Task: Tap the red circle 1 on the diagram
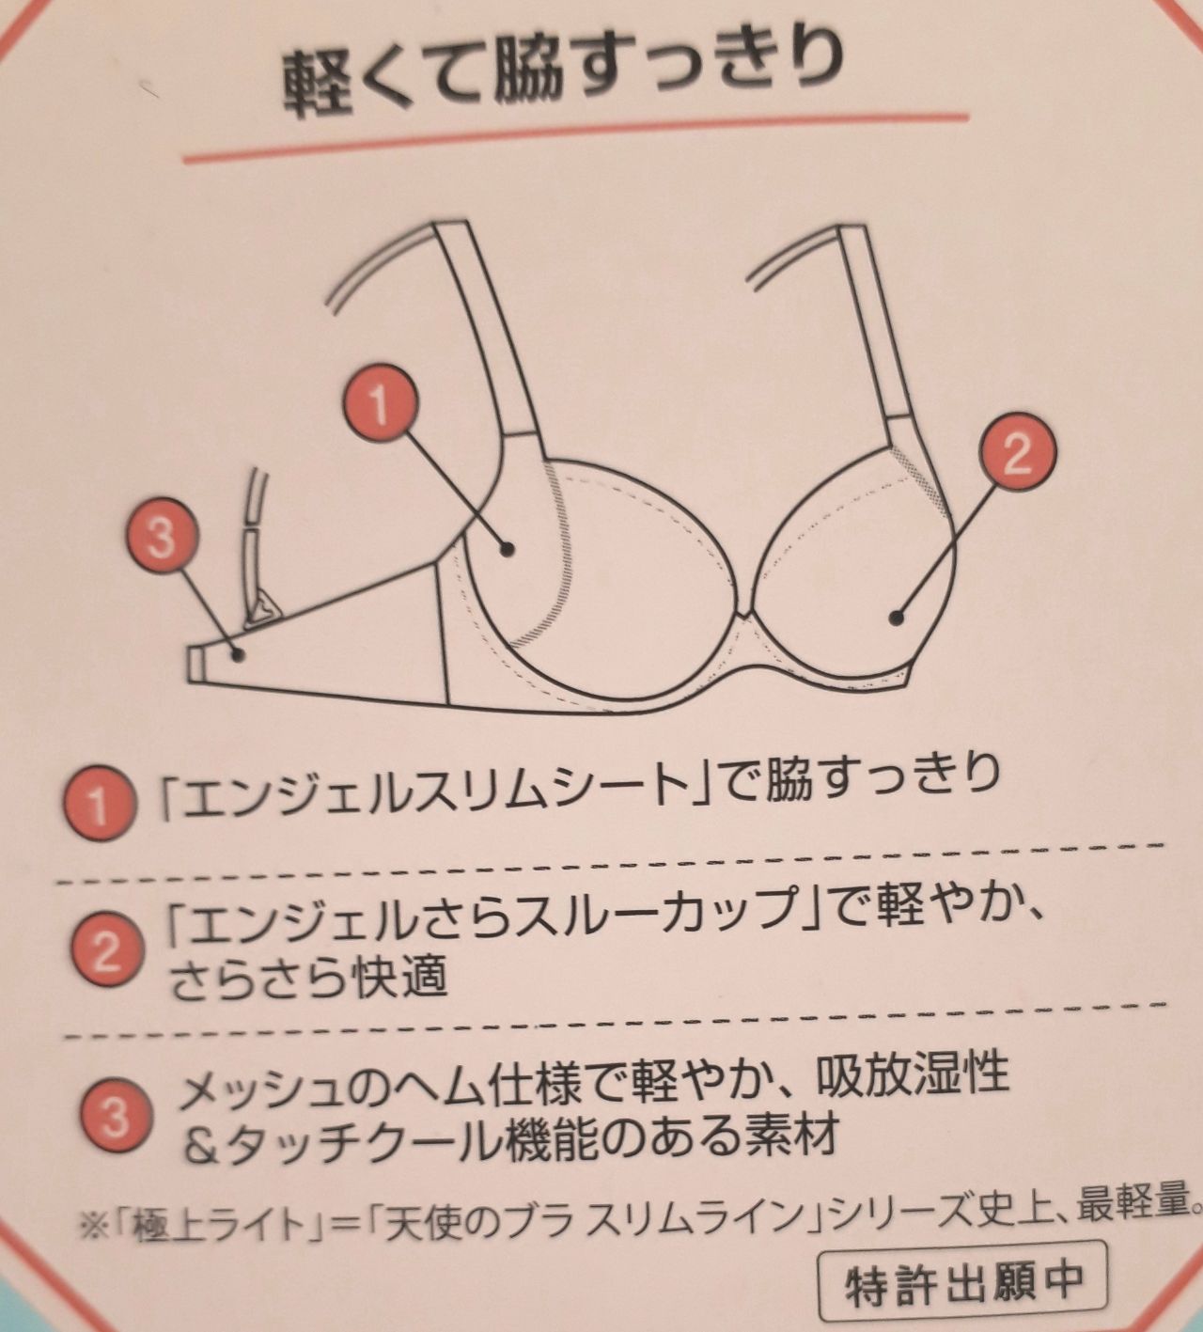381,404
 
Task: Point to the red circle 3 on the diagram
162,537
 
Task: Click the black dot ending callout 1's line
508,548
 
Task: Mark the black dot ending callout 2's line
897,618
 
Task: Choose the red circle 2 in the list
106,953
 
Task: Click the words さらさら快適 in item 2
309,976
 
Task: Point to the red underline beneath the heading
575,139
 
